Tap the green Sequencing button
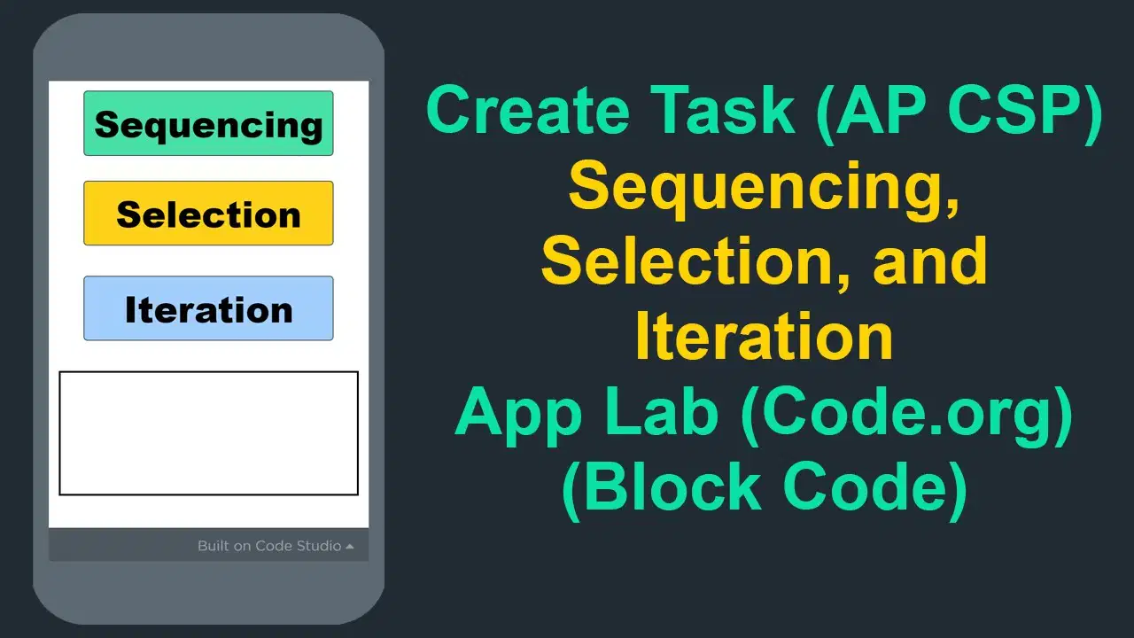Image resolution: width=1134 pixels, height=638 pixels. click(208, 123)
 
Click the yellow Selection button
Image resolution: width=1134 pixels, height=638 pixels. click(208, 214)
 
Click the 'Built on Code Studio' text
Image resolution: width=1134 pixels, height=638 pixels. click(269, 546)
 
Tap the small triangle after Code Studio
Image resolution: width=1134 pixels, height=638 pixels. click(349, 547)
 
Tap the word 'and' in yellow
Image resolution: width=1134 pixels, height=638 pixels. click(930, 261)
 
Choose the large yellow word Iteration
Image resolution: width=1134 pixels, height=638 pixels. click(764, 337)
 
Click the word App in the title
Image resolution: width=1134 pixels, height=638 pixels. click(518, 415)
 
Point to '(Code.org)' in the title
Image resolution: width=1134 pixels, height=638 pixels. click(906, 416)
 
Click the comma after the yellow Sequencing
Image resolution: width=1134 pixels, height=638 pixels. click(951, 205)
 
